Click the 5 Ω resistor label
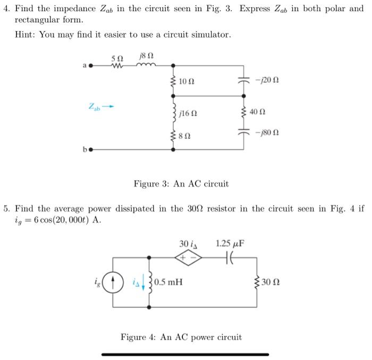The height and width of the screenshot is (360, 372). click(x=116, y=57)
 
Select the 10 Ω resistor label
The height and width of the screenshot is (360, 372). click(x=187, y=81)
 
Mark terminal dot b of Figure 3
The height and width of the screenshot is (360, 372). click(x=90, y=149)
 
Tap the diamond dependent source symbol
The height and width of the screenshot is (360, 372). click(x=189, y=258)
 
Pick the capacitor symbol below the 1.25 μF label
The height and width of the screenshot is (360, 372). click(x=230, y=258)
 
